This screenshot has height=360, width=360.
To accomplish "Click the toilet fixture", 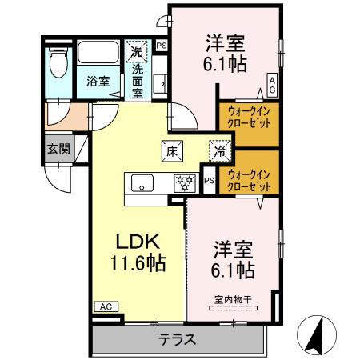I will pos(57,62).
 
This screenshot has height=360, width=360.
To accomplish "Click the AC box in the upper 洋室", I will pos(273,83).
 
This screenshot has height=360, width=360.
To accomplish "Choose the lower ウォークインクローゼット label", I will pos(248,178).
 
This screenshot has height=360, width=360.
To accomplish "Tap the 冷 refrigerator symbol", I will pos(218,149).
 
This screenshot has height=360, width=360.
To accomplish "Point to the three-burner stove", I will pos(185,182).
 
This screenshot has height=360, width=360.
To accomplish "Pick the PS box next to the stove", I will pos(208,181).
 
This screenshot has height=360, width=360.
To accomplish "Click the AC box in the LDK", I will pos(104,306).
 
